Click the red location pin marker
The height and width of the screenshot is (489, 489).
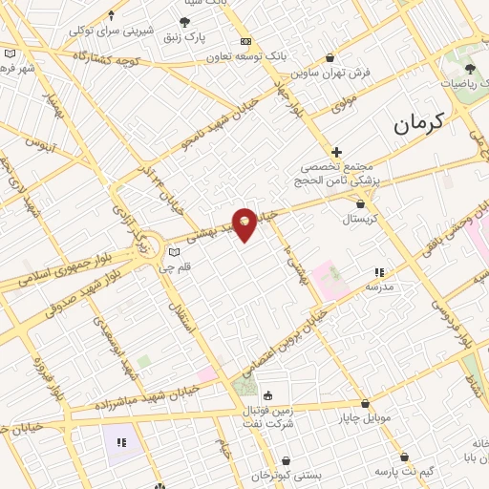click(244, 223)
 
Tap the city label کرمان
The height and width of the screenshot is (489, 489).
click(419, 122)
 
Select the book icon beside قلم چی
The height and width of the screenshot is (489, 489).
click(173, 252)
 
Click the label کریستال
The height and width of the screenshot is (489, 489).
click(360, 219)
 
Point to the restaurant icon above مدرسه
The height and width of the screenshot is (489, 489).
click(379, 272)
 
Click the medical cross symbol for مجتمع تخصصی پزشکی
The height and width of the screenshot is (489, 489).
click(336, 151)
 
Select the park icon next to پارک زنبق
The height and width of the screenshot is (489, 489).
click(184, 22)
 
